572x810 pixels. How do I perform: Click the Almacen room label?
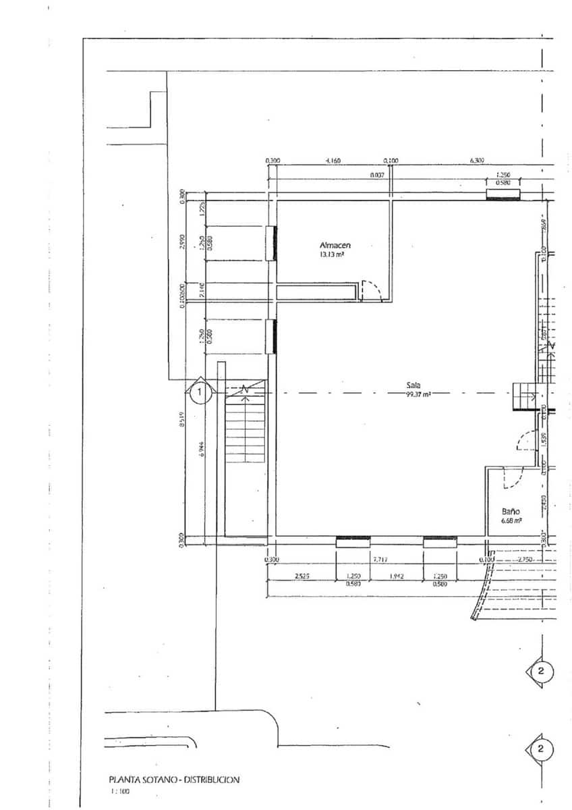pyautogui.click(x=335, y=245)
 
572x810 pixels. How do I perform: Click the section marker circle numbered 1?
pyautogui.click(x=199, y=391)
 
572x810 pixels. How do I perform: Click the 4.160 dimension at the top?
pyautogui.click(x=333, y=161)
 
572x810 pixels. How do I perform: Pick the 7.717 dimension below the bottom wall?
pyautogui.click(x=380, y=560)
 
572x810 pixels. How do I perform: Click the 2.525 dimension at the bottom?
pyautogui.click(x=302, y=576)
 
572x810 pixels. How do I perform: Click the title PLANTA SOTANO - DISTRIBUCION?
pyautogui.click(x=174, y=780)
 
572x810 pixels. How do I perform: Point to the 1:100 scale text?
pyautogui.click(x=119, y=791)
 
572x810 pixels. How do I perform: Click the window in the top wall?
pyautogui.click(x=504, y=195)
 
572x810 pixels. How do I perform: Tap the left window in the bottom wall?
pyautogui.click(x=353, y=539)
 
